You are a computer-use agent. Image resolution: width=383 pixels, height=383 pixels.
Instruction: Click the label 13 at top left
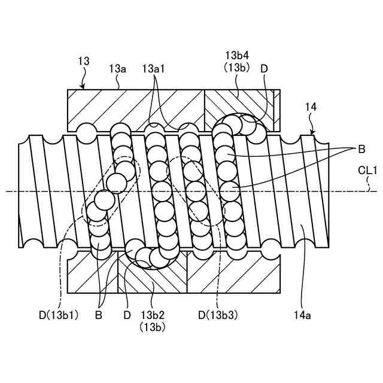[x=84, y=60]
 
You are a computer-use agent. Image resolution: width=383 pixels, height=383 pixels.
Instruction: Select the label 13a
[x=117, y=69]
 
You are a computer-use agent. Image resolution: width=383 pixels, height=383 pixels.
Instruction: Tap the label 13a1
[x=154, y=69]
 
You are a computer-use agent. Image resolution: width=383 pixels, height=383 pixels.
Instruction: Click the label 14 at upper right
[x=311, y=107]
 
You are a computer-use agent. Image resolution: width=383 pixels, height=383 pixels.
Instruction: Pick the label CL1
[x=367, y=171]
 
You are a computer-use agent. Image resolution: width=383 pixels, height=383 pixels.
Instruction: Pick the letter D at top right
[x=264, y=69]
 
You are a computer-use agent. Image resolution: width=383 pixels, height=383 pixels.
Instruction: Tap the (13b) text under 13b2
[x=153, y=327]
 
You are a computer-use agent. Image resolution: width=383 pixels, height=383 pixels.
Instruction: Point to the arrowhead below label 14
[x=311, y=132]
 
